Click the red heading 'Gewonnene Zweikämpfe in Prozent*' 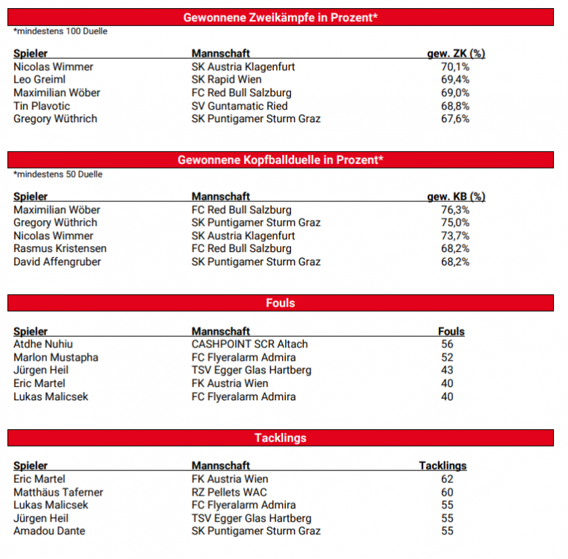point(281,17)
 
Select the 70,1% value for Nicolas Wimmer point(455,67)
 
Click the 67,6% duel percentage point(455,119)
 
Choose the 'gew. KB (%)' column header point(455,197)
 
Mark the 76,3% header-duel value point(455,210)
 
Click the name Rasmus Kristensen point(60,249)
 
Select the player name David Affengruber point(57,262)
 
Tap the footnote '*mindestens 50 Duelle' point(58,174)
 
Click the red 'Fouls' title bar point(281,303)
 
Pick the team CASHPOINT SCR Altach point(249,344)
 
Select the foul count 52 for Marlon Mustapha point(448,358)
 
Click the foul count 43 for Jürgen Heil point(448,370)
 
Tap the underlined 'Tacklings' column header point(443,466)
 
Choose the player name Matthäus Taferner point(58,493)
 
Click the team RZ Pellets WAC point(229,493)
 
